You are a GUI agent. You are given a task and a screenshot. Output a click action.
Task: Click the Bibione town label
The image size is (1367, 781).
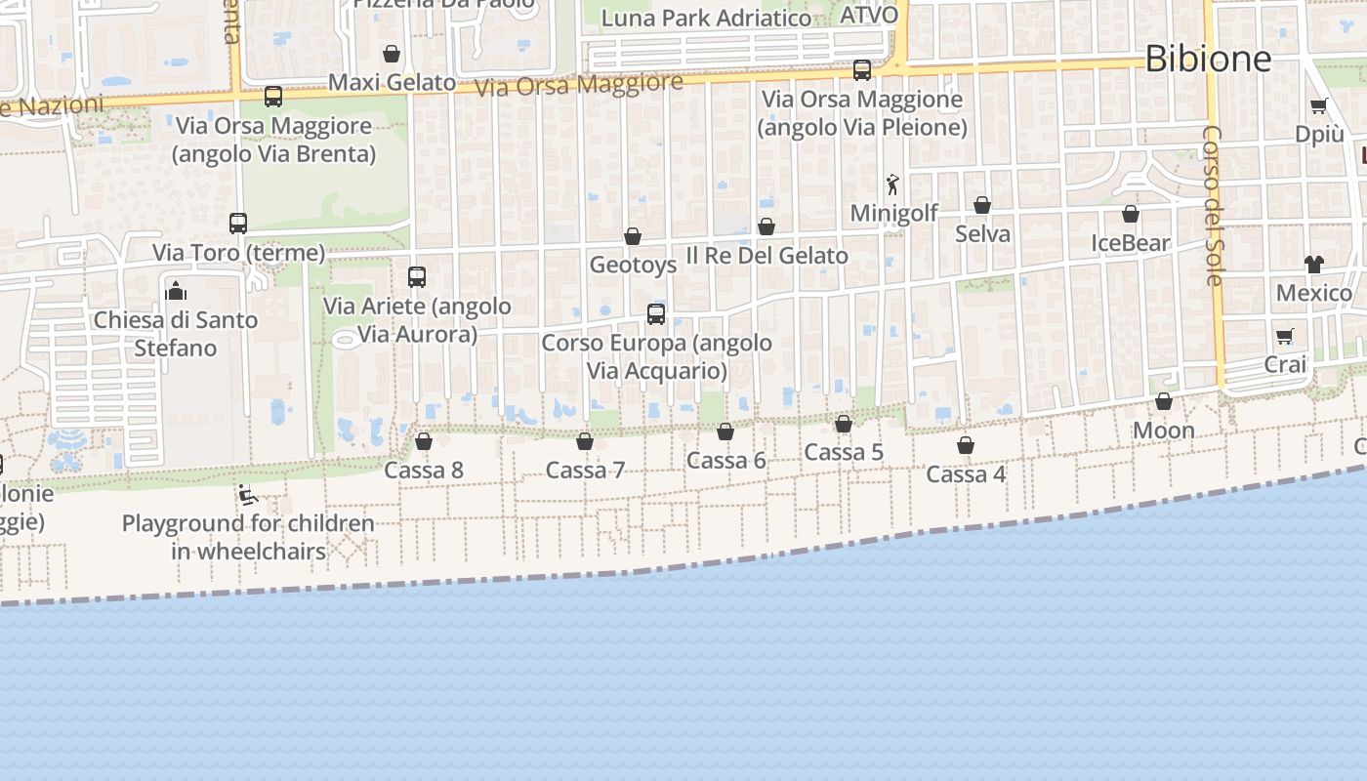click(1208, 59)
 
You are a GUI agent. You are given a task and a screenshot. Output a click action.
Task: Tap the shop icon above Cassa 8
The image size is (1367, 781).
click(424, 441)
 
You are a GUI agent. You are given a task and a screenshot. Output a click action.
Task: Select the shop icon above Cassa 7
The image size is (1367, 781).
click(585, 441)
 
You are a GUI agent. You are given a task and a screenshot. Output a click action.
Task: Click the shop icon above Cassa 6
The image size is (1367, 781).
click(725, 432)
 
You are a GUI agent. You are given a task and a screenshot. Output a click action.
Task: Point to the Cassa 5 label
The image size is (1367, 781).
click(844, 452)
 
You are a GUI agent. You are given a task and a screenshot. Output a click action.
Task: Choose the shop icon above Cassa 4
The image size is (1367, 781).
click(966, 445)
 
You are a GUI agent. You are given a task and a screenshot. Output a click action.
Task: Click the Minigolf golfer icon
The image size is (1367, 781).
click(892, 184)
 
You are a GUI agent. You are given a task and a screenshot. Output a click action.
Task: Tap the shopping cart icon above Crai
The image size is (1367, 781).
click(1285, 336)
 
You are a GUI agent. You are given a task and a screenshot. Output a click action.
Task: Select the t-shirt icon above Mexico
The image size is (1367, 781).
click(1313, 264)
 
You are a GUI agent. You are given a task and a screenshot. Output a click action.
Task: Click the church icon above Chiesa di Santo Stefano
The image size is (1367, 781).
click(176, 290)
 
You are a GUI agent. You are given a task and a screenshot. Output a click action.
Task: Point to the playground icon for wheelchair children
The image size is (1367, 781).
click(248, 495)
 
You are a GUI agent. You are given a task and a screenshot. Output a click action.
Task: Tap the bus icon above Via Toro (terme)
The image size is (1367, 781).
click(238, 223)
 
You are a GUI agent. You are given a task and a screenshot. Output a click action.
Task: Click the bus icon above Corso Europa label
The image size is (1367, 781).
click(656, 313)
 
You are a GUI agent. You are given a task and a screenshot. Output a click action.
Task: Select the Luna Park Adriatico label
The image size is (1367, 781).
click(706, 19)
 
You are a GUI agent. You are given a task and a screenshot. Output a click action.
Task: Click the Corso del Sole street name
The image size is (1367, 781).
click(1213, 205)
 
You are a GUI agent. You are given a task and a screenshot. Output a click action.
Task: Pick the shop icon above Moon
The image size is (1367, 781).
click(1164, 401)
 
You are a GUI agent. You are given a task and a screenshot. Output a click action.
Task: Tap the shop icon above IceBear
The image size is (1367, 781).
click(1131, 214)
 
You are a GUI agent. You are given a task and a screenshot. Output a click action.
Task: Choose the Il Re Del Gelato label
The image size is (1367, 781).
click(766, 256)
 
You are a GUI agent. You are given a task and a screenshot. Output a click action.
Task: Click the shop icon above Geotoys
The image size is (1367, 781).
click(633, 236)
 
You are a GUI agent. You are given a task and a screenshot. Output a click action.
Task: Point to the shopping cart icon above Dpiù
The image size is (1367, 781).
click(1319, 106)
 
